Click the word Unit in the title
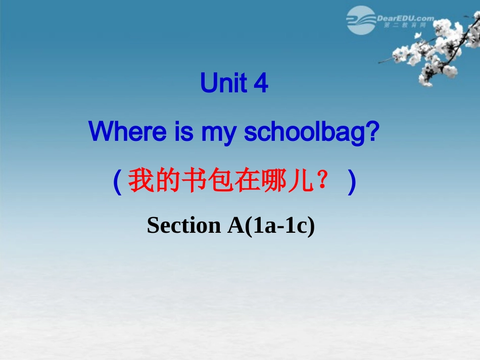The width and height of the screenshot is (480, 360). click(224, 84)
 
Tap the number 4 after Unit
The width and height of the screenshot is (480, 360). click(261, 84)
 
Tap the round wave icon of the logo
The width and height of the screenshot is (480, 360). click(361, 20)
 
